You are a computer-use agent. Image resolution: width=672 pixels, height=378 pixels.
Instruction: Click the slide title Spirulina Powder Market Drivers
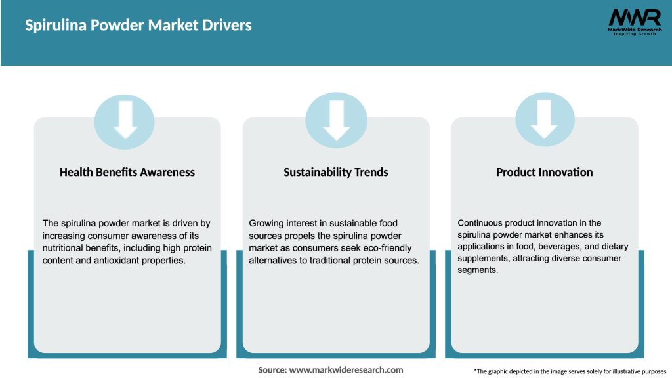pyautogui.click(x=138, y=26)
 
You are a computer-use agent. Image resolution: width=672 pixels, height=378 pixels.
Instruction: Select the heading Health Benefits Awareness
pyautogui.click(x=127, y=172)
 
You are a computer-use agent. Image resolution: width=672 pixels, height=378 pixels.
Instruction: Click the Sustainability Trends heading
pyautogui.click(x=336, y=172)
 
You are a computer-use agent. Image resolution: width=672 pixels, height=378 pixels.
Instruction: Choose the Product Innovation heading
pyautogui.click(x=544, y=172)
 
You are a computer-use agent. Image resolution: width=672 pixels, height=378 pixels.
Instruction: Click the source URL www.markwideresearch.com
pyautogui.click(x=346, y=370)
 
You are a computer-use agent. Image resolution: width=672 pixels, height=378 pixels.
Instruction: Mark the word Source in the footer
pyautogui.click(x=272, y=370)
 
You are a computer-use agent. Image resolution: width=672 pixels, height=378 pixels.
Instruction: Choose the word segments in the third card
pyautogui.click(x=478, y=270)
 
